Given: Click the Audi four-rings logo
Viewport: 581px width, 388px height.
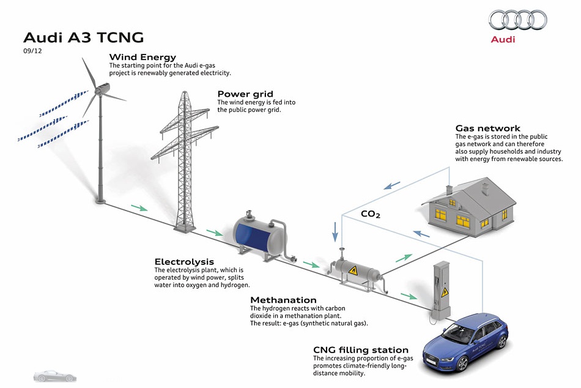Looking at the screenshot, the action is [517, 20].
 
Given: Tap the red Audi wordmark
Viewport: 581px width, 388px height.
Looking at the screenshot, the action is [503, 39].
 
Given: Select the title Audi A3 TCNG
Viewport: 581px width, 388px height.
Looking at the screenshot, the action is [83, 37].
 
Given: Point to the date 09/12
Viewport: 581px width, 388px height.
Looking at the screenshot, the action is [32, 51].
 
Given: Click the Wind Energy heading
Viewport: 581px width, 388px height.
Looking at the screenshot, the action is [142, 57].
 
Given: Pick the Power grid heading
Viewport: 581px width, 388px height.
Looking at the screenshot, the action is [245, 94].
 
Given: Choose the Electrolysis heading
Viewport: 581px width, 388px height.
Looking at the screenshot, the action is [184, 261].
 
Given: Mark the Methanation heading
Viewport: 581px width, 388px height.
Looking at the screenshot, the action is [283, 300].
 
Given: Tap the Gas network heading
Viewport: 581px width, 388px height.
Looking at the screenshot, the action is [487, 129].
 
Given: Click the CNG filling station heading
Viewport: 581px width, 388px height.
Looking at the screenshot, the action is [361, 350].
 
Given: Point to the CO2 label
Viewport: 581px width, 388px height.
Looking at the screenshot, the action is [371, 214].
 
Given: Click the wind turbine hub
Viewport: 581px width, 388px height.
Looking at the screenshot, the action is [100, 90].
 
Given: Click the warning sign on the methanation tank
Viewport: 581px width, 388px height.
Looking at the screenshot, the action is [353, 270].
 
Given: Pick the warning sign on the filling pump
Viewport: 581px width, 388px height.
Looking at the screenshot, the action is [445, 293].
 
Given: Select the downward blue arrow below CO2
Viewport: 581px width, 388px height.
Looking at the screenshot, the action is [335, 232].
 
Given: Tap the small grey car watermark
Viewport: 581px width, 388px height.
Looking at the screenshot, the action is [55, 376].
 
